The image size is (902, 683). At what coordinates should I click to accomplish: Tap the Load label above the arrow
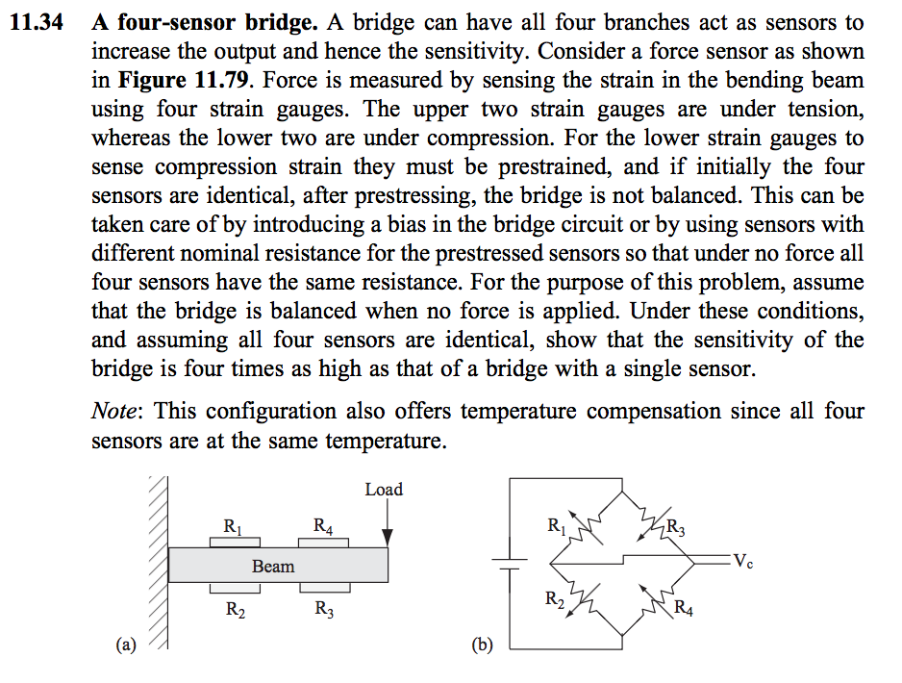click(384, 490)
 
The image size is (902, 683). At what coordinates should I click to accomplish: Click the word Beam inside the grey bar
click(273, 566)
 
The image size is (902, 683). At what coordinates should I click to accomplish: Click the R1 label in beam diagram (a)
click(233, 525)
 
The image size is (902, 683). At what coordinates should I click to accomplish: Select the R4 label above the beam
click(324, 525)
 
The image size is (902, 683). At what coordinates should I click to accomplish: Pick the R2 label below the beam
click(235, 609)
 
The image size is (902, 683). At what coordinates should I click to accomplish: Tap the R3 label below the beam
click(324, 609)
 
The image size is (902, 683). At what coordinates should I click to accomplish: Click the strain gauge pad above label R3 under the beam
click(323, 587)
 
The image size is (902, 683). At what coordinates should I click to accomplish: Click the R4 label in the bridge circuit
click(684, 607)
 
